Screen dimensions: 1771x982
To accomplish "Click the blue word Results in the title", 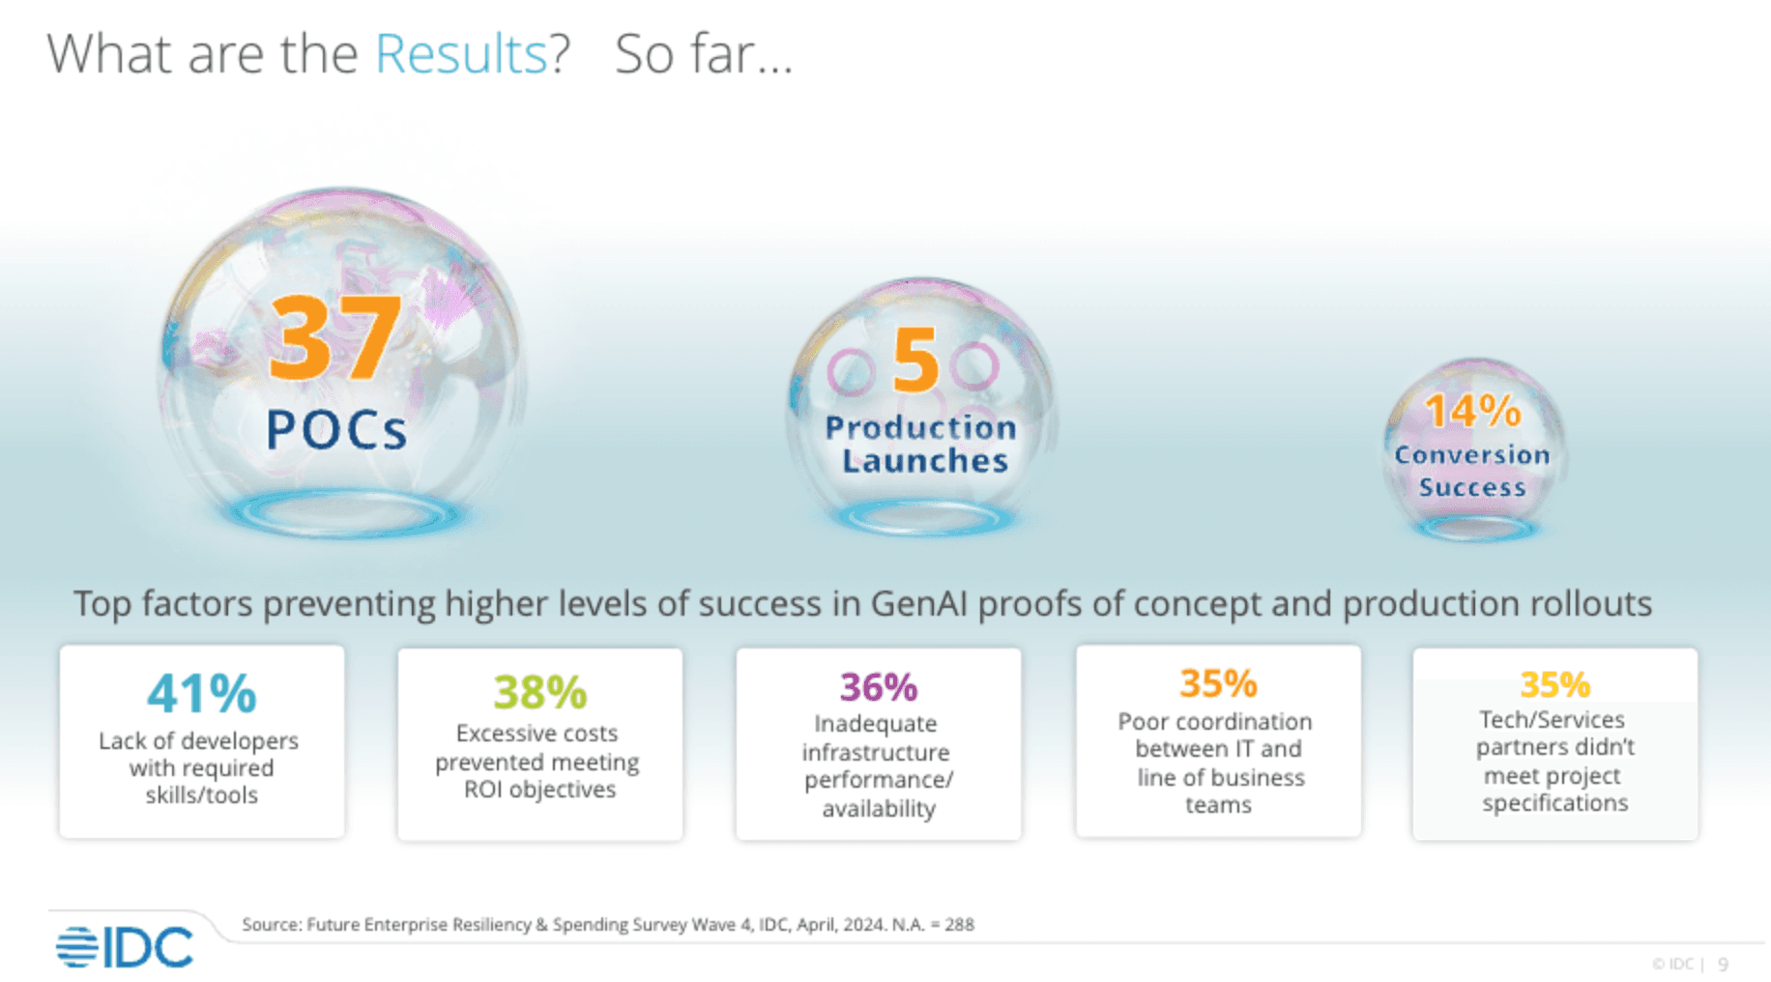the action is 460,54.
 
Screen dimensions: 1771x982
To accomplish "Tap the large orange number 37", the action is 334,337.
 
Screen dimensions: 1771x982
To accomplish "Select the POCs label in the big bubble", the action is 336,430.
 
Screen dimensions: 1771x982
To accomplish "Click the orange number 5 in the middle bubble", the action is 915,359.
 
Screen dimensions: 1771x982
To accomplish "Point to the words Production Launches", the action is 922,444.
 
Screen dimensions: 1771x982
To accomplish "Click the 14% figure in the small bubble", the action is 1472,412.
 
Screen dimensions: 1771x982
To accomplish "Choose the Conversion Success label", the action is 1472,471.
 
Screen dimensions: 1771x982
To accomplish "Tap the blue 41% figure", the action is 202,693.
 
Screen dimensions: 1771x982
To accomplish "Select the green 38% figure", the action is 539,692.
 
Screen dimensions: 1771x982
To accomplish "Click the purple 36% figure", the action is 878,687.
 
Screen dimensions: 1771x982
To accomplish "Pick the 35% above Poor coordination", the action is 1218,683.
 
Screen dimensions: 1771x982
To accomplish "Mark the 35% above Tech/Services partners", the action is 1554,684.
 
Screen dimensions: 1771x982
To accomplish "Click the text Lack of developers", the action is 198,741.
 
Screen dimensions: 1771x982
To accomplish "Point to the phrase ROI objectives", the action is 539,790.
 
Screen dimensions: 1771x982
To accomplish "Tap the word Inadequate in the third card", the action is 876,724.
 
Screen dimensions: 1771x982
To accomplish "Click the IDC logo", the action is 125,947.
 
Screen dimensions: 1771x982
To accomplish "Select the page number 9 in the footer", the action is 1723,964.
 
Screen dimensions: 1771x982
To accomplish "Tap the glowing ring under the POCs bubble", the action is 343,514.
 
